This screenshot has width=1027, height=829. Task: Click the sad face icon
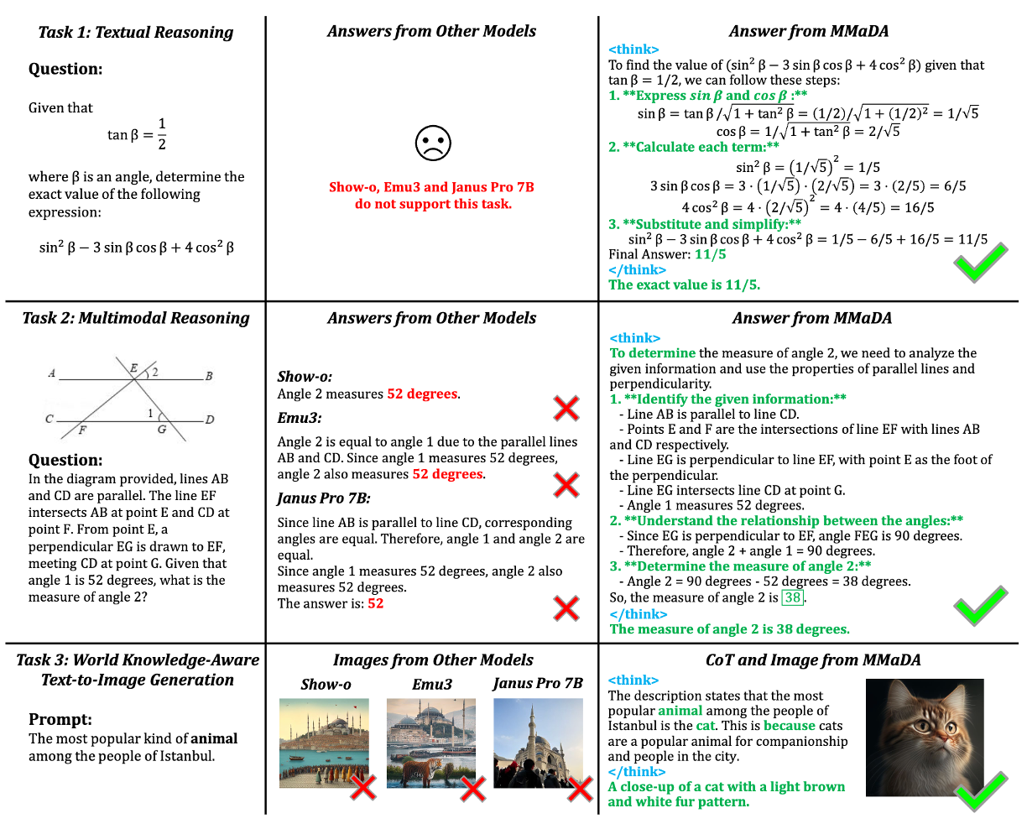point(433,143)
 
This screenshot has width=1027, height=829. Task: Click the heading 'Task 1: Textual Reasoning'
point(135,33)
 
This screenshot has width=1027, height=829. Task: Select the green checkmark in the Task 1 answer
point(980,263)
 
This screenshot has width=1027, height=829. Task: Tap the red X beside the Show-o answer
point(566,409)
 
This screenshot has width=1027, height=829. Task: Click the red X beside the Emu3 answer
point(566,484)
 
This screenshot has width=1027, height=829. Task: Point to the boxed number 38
point(792,597)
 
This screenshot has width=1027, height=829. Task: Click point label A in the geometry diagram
point(52,373)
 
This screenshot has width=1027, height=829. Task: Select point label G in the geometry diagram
point(162,430)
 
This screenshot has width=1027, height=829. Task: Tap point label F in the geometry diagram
point(82,430)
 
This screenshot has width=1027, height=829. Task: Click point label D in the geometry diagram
point(210,419)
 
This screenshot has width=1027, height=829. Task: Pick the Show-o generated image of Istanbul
point(324,743)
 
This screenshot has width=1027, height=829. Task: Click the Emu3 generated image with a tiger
point(430,743)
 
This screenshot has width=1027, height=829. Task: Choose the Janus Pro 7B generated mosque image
point(537,743)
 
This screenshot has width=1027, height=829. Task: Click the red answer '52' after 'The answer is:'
point(375,603)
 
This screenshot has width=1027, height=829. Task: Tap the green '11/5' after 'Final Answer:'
point(710,254)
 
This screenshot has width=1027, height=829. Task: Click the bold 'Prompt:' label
point(60,719)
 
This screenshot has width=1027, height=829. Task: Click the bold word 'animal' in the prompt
point(214,738)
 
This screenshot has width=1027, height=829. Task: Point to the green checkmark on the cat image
point(980,790)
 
